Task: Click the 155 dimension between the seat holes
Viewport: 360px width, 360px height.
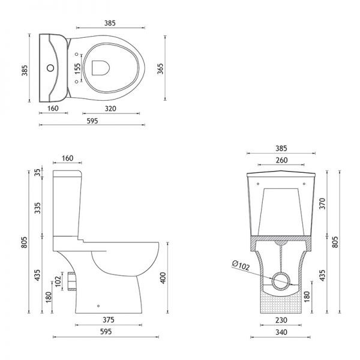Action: click(78, 68)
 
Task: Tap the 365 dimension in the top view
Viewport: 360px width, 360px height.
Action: click(160, 68)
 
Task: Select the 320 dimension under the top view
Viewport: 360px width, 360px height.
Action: click(110, 109)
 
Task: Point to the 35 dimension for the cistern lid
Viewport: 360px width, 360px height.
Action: click(37, 172)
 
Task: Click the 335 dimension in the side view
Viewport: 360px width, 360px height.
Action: click(37, 208)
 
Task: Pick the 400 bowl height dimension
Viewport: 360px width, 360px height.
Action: click(163, 278)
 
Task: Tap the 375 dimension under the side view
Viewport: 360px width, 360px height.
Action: click(109, 320)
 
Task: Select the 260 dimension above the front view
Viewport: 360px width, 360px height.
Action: click(281, 160)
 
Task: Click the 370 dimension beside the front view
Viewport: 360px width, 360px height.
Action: click(323, 203)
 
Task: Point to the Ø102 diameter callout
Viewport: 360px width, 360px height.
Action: click(241, 265)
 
